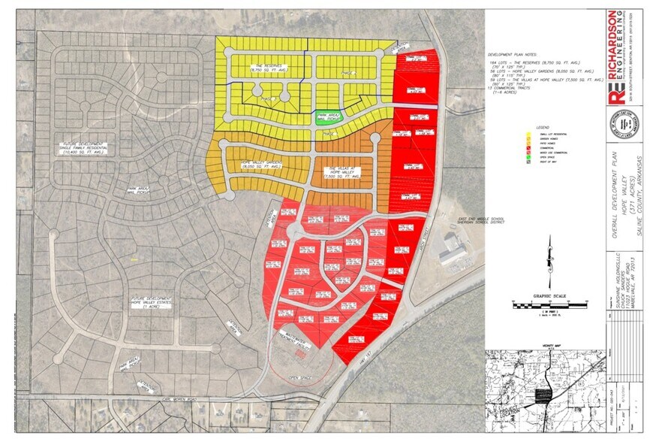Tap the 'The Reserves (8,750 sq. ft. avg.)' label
(x=269, y=66)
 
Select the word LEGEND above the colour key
(x=544, y=128)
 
